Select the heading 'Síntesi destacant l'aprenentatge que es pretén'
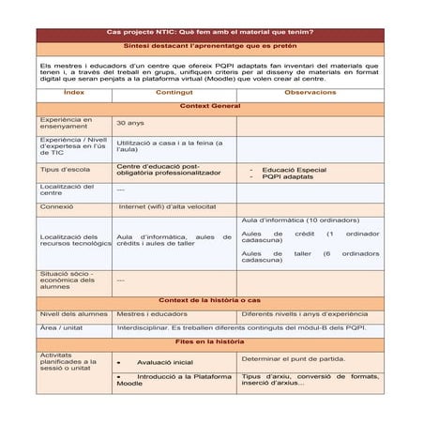[x=210, y=45]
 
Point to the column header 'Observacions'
[x=310, y=93]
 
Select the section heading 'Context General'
[x=210, y=107]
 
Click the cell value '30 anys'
[x=130, y=123]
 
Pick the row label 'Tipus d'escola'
[x=65, y=170]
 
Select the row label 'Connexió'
[x=57, y=205]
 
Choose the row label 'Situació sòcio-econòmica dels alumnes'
[x=68, y=279]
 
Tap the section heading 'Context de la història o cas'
[x=210, y=299]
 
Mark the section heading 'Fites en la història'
[x=210, y=342]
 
